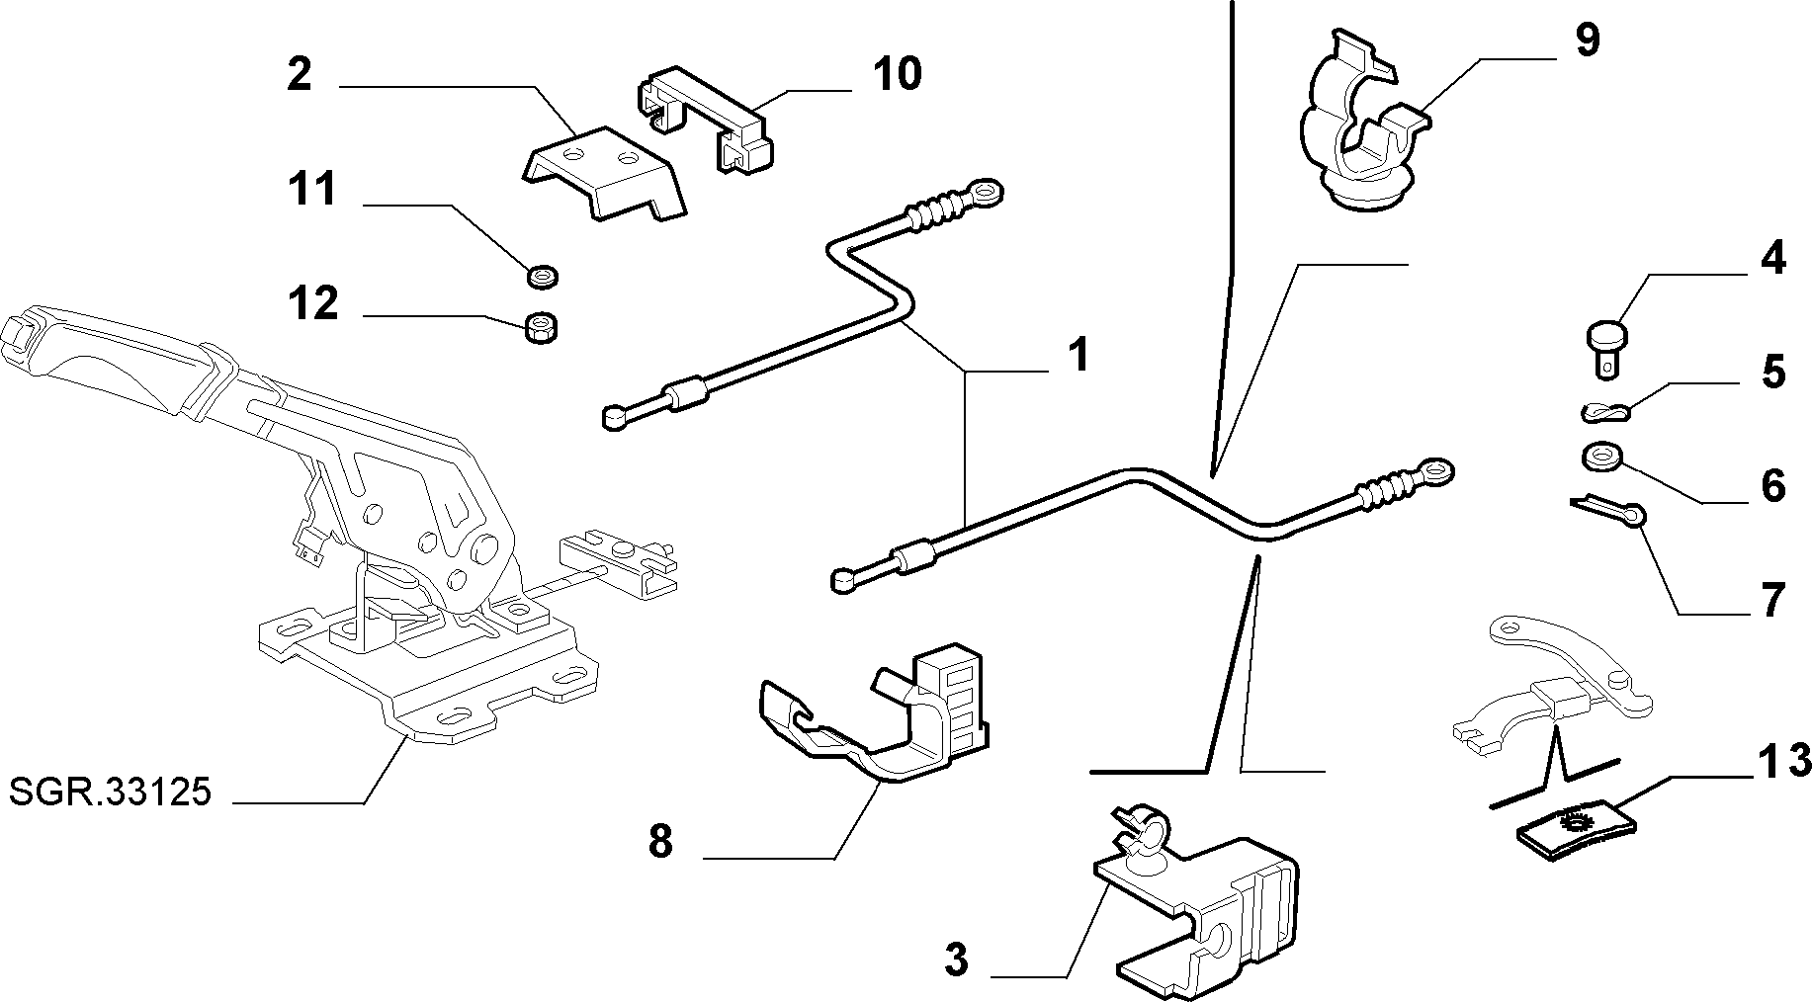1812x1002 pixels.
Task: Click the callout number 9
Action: point(1587,41)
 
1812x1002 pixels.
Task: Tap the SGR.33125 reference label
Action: point(110,792)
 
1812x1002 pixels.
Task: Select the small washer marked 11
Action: point(543,274)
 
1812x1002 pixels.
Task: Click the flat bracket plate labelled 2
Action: point(603,171)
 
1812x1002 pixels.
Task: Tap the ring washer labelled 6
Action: point(1600,458)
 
